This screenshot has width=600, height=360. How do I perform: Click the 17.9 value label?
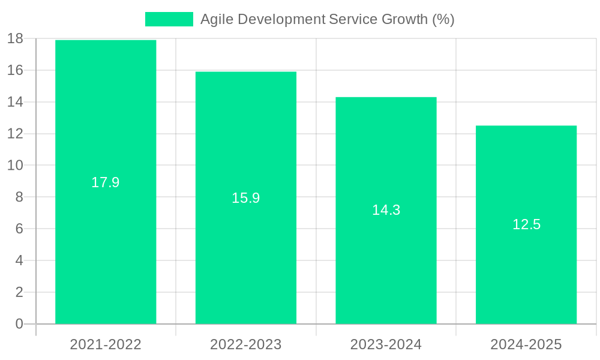(106, 182)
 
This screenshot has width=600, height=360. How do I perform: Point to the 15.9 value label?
(246, 198)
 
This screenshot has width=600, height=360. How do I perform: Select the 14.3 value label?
(386, 210)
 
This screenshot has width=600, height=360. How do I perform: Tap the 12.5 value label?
(526, 224)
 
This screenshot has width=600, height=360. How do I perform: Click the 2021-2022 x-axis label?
(106, 344)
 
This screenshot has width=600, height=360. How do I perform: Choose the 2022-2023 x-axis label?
(246, 344)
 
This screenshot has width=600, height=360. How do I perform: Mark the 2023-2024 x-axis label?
(386, 344)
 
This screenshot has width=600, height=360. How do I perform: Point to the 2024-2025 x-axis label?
(526, 344)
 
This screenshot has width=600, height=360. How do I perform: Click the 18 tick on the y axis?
(15, 39)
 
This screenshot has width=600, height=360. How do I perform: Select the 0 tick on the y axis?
(19, 324)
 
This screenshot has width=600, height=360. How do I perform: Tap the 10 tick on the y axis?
(15, 166)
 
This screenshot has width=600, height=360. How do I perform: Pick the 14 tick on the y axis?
(15, 102)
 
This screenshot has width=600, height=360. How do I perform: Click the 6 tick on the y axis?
(19, 229)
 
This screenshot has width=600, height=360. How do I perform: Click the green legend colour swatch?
(169, 19)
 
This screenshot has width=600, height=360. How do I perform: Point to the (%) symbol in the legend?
(443, 19)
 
